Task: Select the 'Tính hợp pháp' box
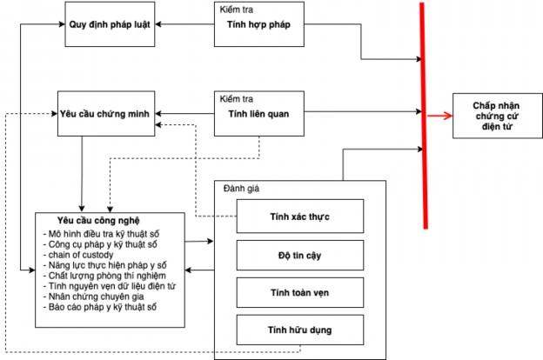click(258, 24)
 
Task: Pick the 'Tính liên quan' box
click(258, 113)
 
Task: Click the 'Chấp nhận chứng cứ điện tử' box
click(493, 114)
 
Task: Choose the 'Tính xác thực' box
click(300, 215)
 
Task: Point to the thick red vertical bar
click(424, 113)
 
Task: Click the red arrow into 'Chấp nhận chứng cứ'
click(439, 114)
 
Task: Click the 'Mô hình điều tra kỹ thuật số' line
click(107, 234)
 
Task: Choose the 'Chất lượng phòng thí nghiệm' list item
click(106, 276)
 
